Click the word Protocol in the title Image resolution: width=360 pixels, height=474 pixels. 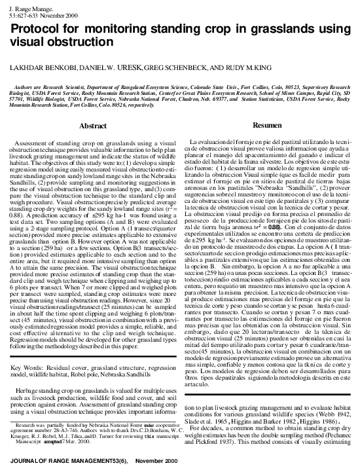pos(35,29)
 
